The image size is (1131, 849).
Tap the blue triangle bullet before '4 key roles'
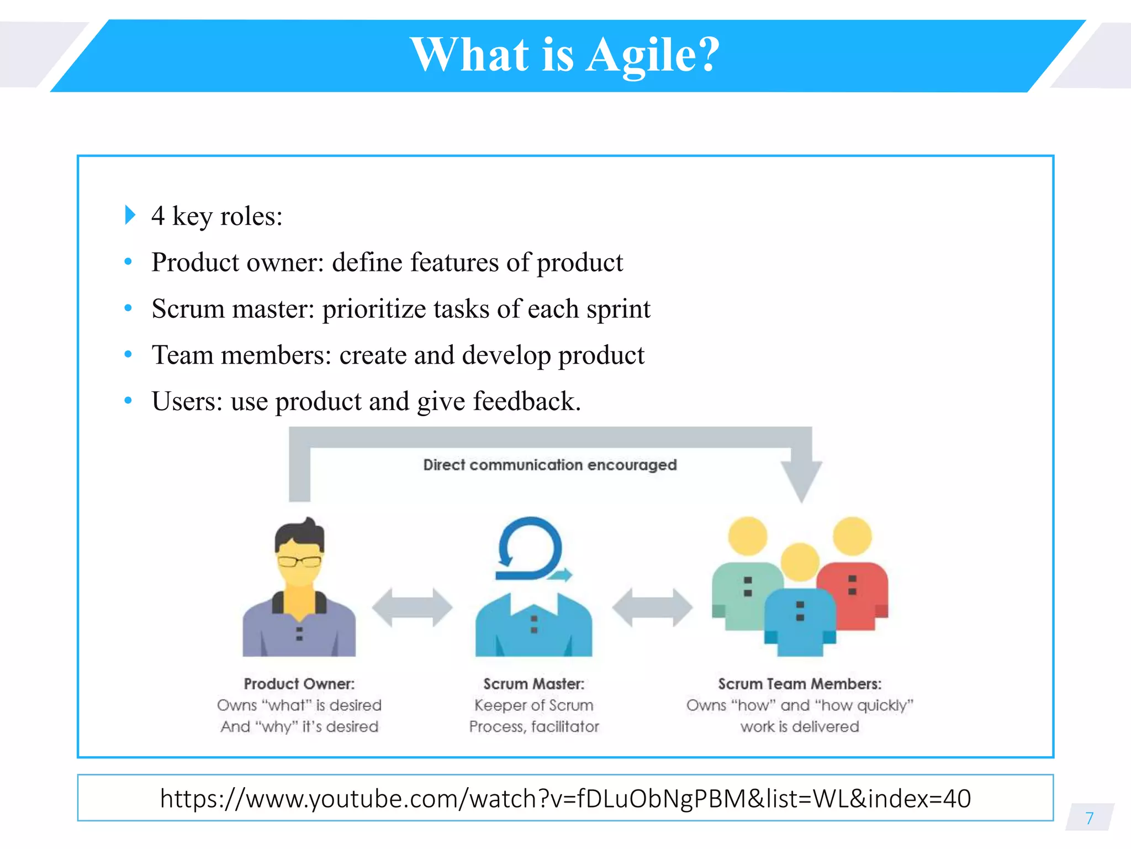click(x=130, y=215)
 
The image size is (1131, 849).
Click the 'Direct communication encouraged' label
click(x=549, y=465)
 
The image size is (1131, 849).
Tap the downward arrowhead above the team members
click(x=801, y=480)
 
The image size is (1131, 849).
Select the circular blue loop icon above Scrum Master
click(x=530, y=548)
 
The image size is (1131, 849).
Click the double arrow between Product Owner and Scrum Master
click(x=412, y=607)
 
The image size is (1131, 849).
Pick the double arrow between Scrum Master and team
click(x=652, y=607)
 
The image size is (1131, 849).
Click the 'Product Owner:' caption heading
click(x=299, y=684)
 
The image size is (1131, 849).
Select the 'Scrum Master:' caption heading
click(x=533, y=684)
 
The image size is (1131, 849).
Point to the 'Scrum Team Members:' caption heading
click(x=800, y=684)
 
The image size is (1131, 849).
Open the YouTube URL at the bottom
click(x=565, y=799)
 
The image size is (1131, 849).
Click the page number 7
click(x=1089, y=818)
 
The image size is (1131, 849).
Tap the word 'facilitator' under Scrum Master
click(x=565, y=726)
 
